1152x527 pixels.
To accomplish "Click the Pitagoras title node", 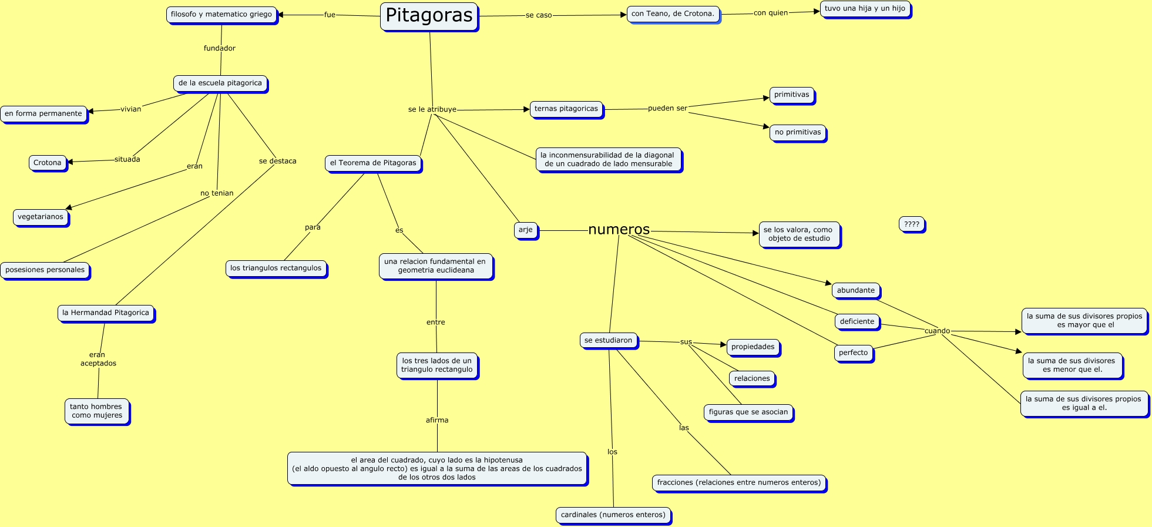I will click(429, 16).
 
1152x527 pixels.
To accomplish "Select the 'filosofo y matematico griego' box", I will click(221, 15).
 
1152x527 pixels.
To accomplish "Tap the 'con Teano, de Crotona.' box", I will click(673, 14).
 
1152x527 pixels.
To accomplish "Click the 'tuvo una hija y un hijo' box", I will click(865, 9).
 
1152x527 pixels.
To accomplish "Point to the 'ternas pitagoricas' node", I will click(566, 109).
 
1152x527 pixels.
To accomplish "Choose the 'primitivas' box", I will click(791, 95).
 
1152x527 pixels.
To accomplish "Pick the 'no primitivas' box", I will click(798, 133).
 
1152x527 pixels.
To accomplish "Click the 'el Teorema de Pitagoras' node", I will click(373, 163).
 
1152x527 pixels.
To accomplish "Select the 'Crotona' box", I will click(48, 163).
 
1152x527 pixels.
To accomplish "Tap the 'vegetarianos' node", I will click(41, 217).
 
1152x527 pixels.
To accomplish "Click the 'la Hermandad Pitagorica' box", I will click(106, 313).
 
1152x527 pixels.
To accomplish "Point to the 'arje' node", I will click(526, 230).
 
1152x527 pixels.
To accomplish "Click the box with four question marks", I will click(912, 224).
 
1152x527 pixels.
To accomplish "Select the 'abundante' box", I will click(856, 291).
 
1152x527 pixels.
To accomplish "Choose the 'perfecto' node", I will click(854, 353).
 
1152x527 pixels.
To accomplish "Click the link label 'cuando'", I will click(937, 331).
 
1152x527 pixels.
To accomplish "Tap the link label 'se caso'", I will click(539, 15).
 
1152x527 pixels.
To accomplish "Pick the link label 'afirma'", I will click(437, 421).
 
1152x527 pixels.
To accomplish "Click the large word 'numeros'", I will click(619, 230).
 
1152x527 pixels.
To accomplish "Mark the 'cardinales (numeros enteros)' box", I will click(613, 515).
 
